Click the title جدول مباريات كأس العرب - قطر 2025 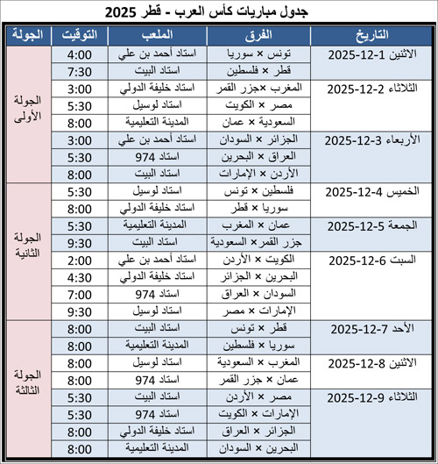pyautogui.click(x=219, y=12)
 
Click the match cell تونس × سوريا pyautogui.click(x=262, y=54)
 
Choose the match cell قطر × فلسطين pyautogui.click(x=262, y=70)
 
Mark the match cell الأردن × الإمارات pyautogui.click(x=262, y=173)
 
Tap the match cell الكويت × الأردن pyautogui.click(x=262, y=259)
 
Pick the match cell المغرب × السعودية pyautogui.click(x=262, y=360)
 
